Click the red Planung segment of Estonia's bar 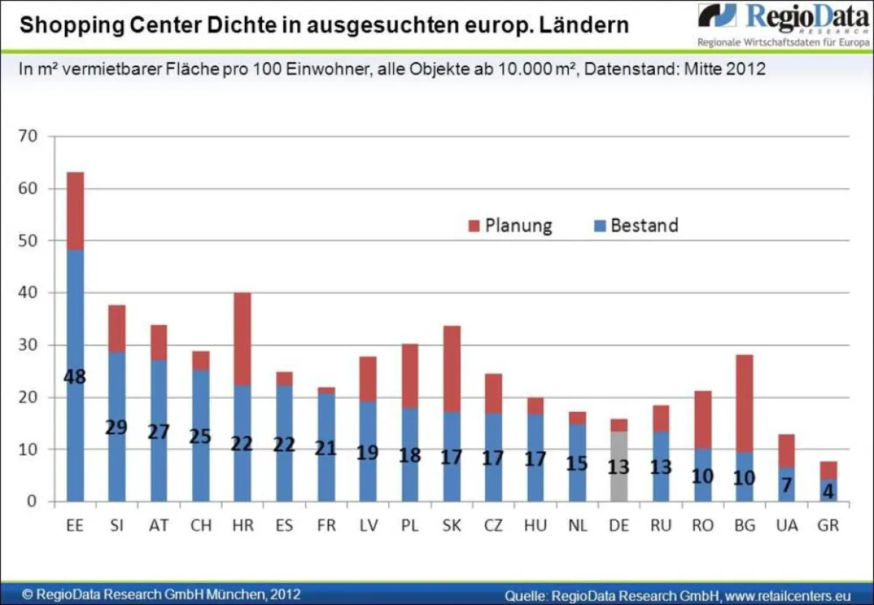click(x=75, y=211)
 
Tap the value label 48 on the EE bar click(x=75, y=378)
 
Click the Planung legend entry click(x=510, y=226)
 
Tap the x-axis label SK click(x=452, y=525)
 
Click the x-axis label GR click(x=827, y=525)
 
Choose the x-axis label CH click(x=201, y=525)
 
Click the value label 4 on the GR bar click(x=828, y=492)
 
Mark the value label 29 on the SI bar click(x=117, y=427)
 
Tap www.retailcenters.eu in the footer click(x=787, y=595)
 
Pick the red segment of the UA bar click(x=786, y=450)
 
